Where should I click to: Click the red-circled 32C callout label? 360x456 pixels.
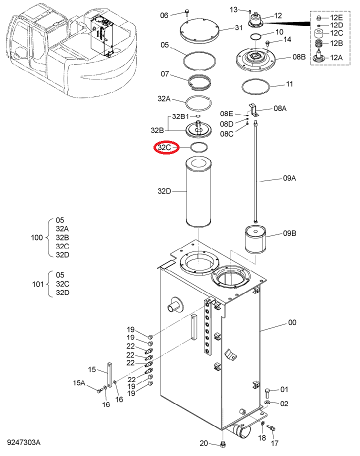[164, 147]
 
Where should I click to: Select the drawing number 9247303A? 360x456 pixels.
[24, 442]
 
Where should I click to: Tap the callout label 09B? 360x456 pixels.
[289, 233]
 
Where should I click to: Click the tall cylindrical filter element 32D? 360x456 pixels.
[198, 192]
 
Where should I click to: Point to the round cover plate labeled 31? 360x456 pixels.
[199, 30]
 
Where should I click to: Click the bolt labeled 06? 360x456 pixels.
[186, 12]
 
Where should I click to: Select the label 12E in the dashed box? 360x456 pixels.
[336, 17]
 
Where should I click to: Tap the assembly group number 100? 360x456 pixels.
[36, 237]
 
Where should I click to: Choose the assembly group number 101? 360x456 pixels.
[38, 284]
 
